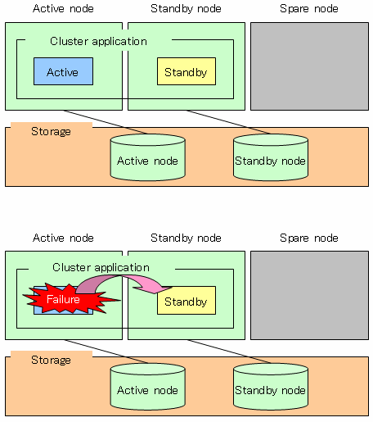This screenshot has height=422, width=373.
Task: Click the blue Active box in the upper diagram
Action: coord(63,71)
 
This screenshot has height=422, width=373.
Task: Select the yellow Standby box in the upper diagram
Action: coord(186,71)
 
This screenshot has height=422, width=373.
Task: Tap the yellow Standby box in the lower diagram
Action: coord(186,301)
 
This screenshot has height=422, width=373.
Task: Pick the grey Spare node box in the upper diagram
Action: coord(309,66)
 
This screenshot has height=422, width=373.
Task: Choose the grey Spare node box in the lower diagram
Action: coord(309,296)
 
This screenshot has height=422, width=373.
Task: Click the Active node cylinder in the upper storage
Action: coord(148,157)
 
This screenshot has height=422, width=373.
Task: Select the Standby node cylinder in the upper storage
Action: coord(271,157)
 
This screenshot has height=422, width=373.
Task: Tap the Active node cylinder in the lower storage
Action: coord(148,387)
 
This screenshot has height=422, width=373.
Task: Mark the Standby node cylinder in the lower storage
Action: coord(271,387)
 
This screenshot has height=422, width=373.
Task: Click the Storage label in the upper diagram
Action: coord(51,132)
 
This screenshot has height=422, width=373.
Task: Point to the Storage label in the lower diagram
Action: coord(51,361)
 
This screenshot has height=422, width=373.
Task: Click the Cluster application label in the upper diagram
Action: coord(98,41)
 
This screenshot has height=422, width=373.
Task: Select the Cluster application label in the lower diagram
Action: coord(101,267)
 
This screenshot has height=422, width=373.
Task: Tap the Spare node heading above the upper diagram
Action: coord(309,9)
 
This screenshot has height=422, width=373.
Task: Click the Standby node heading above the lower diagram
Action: coord(186,238)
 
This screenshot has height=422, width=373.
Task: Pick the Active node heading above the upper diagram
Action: coord(63,9)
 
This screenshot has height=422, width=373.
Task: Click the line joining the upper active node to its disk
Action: coord(106,122)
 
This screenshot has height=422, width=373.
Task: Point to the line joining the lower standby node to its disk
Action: coord(229,352)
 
